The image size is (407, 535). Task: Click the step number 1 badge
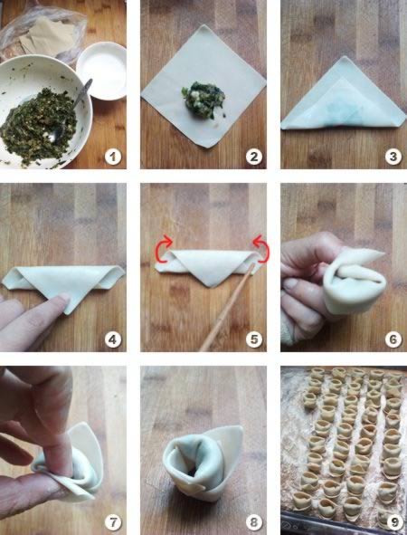[x=113, y=157]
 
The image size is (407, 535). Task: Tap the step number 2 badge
[x=254, y=157]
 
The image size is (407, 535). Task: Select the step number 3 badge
[x=393, y=157]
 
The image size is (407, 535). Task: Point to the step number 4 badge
[x=113, y=339]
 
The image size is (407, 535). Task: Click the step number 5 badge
[x=254, y=339]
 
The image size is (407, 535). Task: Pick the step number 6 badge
[x=393, y=339]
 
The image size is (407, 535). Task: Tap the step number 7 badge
[x=113, y=522]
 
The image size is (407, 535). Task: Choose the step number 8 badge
[x=254, y=522]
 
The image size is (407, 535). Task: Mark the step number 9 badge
[x=394, y=522]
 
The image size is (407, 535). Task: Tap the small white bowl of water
[x=101, y=71]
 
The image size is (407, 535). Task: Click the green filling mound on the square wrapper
[x=203, y=100]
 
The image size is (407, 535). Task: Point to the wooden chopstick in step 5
[x=227, y=307]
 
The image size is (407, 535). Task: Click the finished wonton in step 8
[x=203, y=463]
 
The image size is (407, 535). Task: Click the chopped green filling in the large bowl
[x=38, y=126]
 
